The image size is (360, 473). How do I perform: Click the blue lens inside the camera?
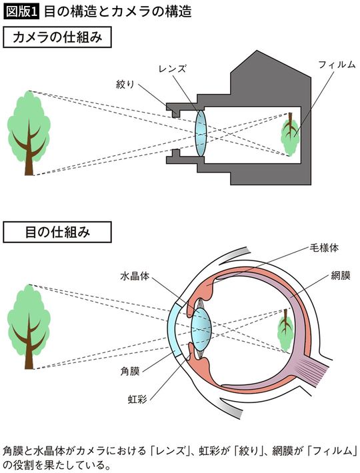click(x=203, y=133)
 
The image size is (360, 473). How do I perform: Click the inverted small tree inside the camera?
click(x=289, y=134)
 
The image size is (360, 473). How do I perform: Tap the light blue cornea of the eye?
click(x=175, y=327)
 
